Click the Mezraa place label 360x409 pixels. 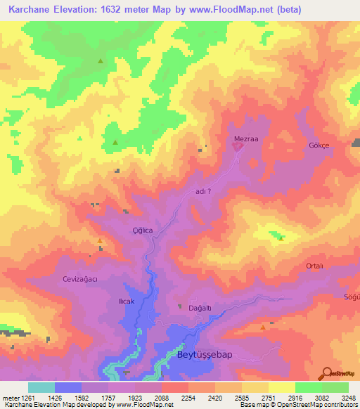coord(246,139)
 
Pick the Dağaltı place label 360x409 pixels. coord(200,307)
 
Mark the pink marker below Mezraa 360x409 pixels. coord(238,146)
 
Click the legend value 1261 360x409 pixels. coord(27,398)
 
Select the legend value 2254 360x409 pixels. coord(188,398)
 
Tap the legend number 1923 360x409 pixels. coord(134,398)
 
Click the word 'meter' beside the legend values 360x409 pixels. coord(11,398)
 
